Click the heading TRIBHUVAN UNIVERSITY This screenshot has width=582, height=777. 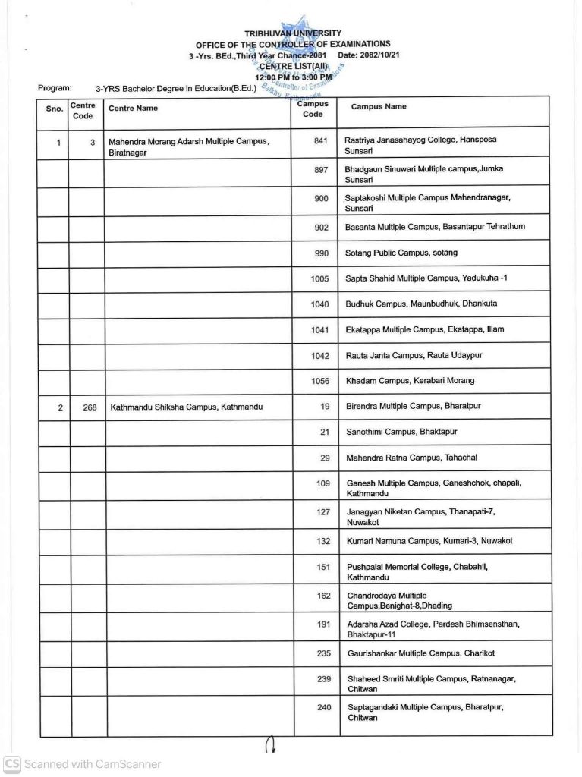292,33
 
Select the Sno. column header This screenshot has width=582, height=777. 54,109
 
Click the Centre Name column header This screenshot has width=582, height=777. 134,109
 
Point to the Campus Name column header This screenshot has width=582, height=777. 379,107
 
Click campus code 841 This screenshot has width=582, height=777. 320,140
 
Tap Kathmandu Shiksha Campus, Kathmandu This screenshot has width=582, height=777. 187,407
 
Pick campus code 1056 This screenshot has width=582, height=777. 320,381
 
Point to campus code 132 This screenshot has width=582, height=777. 323,540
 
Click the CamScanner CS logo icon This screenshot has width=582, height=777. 11,764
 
